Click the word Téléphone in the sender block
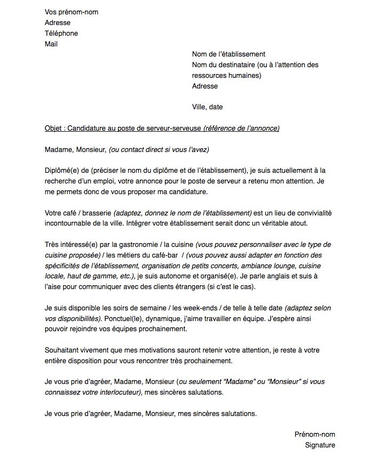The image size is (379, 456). click(61, 34)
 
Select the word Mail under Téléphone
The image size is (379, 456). click(51, 44)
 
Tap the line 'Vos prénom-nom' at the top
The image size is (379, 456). click(72, 12)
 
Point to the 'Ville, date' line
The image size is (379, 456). click(208, 107)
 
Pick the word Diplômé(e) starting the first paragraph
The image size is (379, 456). click(63, 171)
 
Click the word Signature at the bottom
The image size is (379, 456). click(320, 445)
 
